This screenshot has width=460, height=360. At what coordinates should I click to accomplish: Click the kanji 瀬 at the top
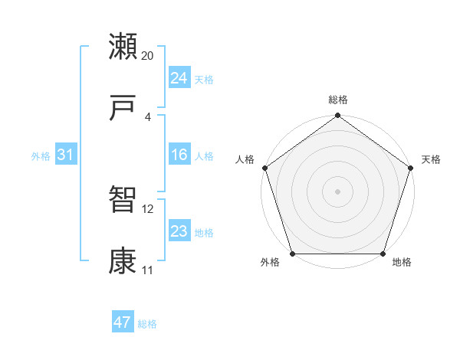123,47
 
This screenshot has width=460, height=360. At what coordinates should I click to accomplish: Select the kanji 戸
123,110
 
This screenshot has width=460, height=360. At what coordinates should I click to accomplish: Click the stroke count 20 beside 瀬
148,56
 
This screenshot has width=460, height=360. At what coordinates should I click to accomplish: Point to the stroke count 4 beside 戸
148,117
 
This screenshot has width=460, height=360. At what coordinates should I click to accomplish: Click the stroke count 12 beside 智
148,208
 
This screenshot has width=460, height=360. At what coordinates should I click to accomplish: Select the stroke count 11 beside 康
148,270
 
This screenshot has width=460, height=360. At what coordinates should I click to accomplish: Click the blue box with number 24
179,78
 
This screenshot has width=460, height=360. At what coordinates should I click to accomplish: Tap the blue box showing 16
179,155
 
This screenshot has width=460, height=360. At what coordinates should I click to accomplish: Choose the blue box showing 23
179,231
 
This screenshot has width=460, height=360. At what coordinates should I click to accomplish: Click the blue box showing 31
65,155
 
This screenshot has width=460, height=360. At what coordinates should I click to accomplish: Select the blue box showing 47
122,322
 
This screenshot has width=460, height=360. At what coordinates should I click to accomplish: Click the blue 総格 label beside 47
147,324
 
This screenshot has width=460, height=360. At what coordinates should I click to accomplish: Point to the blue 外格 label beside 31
41,156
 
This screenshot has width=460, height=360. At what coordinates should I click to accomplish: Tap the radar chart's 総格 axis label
337,100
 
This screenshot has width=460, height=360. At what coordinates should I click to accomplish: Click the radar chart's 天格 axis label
431,159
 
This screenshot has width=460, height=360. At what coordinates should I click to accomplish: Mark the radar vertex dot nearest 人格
264,168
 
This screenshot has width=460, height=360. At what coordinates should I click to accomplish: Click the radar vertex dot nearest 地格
383,254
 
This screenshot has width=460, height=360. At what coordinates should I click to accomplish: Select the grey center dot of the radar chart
337,191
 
